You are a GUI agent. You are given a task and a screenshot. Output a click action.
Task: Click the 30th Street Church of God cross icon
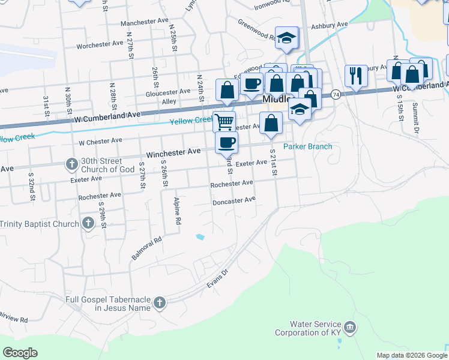click(71, 163)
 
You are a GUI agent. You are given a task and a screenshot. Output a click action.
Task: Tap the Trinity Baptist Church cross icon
click(88, 224)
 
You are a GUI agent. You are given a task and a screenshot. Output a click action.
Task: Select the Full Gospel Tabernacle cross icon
click(160, 303)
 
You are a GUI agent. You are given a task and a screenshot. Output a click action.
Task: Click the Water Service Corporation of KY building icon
click(351, 328)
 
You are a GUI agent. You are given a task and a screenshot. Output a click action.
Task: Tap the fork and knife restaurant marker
click(355, 76)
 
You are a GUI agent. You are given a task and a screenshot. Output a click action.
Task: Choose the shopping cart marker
click(224, 121)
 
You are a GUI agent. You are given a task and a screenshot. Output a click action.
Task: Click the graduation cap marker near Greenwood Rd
click(287, 38)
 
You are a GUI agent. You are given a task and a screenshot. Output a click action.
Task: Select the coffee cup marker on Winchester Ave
click(226, 143)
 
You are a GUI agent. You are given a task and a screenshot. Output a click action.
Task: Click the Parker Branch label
click(307, 146)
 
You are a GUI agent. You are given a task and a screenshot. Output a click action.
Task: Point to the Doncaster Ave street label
click(234, 201)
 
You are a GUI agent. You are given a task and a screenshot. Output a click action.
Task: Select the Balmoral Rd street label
click(147, 248)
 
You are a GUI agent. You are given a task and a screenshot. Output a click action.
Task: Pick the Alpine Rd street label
click(177, 210)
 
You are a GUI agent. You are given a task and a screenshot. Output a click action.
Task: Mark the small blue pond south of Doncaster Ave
click(200, 237)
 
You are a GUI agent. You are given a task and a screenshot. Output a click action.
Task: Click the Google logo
click(20, 353)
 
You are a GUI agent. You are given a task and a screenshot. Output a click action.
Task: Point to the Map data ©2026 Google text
click(411, 355)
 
